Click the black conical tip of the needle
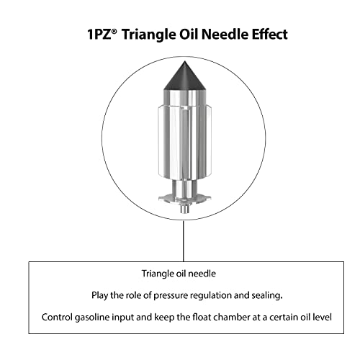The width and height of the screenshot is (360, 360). pos(184,77)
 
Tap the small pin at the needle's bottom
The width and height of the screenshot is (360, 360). pos(184,209)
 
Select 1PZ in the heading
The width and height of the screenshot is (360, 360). pos(99,35)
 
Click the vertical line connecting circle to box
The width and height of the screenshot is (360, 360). pos(184,241)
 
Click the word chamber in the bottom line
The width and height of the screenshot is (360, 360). pos(231,317)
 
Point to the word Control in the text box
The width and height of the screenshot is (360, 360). pos(57,317)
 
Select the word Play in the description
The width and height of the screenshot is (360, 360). pos(99,296)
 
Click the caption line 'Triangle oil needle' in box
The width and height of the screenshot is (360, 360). pos(179,274)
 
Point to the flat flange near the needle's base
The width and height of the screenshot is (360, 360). pos(184,198)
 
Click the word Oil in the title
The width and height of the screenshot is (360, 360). pos(189,34)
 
